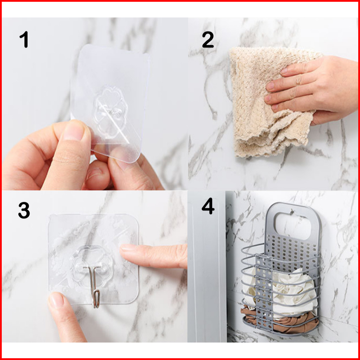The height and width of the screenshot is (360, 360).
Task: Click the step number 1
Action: click(x=24, y=40)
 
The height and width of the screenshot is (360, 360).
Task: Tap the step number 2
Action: click(x=208, y=40)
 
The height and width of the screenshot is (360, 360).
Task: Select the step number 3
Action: click(x=24, y=210)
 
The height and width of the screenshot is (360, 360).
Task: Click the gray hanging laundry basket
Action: click(x=281, y=269)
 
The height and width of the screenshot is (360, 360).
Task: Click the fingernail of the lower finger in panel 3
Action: click(x=55, y=300)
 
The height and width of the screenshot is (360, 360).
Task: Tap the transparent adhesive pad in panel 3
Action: click(x=93, y=259)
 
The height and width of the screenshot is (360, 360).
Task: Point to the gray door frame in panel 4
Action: click(x=206, y=266)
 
